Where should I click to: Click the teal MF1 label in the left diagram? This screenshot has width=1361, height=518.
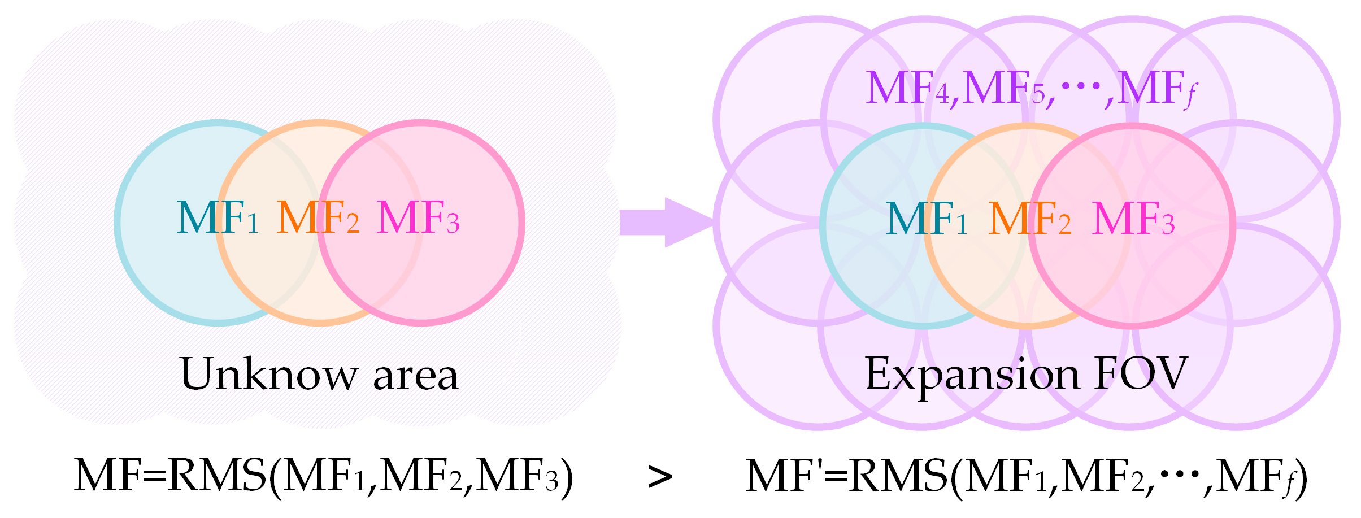point(218,218)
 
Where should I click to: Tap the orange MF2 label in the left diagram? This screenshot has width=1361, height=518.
point(318,218)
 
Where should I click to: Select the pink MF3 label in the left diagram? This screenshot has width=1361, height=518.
point(418,218)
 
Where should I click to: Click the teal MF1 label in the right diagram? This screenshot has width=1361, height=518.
point(927,219)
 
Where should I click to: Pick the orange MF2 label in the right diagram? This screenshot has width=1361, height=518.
point(1029,219)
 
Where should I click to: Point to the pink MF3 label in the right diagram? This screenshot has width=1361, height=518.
point(1133,219)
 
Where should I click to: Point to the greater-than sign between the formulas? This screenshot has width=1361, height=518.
point(660,477)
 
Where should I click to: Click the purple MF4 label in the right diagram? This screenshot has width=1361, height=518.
point(907,89)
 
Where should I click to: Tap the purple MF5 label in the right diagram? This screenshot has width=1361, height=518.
point(1003,89)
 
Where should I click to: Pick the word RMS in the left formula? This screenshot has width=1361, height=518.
point(217,476)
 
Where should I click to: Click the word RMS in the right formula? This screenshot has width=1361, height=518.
point(898,476)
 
